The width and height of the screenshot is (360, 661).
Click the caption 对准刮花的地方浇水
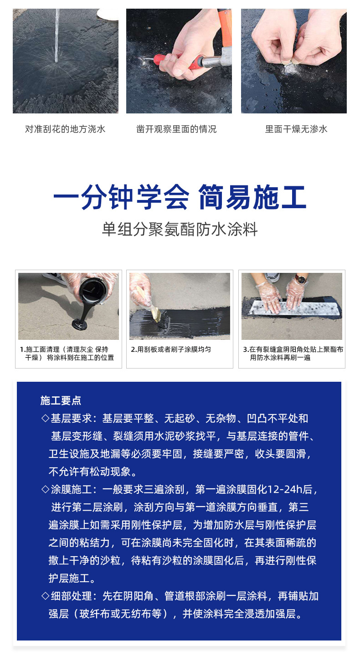tap(65, 129)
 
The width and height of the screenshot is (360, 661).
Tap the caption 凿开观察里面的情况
tap(176, 129)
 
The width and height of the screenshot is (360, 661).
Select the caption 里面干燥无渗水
tap(296, 129)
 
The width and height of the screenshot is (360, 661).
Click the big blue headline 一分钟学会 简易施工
tap(180, 198)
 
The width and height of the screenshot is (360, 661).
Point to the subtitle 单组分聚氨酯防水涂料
tap(180, 229)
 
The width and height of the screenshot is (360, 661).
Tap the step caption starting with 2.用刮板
tap(171, 349)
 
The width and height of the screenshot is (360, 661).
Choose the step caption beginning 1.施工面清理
tap(67, 354)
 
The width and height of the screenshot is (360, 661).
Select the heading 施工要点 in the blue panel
tap(61, 401)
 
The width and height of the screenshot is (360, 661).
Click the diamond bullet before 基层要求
tap(45, 418)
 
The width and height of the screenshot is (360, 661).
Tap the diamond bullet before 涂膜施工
tap(45, 490)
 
